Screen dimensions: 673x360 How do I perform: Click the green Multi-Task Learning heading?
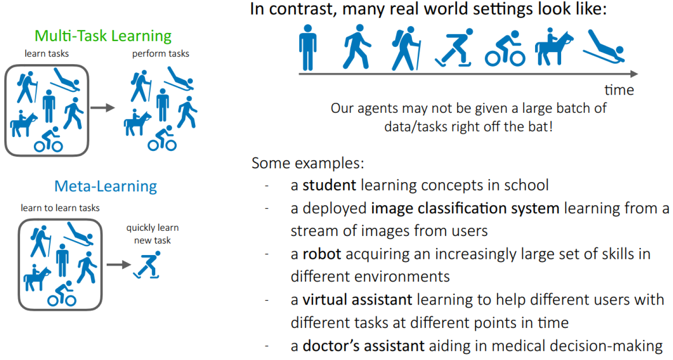pyautogui.click(x=103, y=36)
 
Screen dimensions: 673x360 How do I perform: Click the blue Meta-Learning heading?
pyautogui.click(x=105, y=187)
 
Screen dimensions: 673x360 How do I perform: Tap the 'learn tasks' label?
pyautogui.click(x=46, y=53)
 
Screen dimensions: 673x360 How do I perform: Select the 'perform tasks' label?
pyautogui.click(x=161, y=53)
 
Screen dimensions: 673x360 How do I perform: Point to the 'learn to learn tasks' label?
pyautogui.click(x=60, y=208)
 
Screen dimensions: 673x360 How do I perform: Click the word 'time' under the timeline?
pyautogui.click(x=619, y=90)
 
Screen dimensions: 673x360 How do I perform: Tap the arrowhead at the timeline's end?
pyautogui.click(x=634, y=74)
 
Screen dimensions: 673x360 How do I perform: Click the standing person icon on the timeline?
pyautogui.click(x=308, y=47)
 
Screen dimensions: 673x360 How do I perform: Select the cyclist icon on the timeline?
pyautogui.click(x=505, y=48)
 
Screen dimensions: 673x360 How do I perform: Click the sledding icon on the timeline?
pyautogui.click(x=604, y=46)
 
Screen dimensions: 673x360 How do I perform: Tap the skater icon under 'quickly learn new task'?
pyautogui.click(x=147, y=265)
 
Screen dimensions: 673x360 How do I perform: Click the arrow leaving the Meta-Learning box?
pyautogui.click(x=119, y=265)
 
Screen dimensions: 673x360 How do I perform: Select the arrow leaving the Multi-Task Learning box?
pyautogui.click(x=103, y=108)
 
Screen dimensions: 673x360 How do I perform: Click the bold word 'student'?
pyautogui.click(x=329, y=185)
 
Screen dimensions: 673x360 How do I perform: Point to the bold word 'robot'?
pyautogui.click(x=322, y=254)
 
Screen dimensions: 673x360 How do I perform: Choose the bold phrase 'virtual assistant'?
pyautogui.click(x=357, y=300)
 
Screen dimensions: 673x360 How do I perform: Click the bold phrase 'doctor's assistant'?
pyautogui.click(x=363, y=346)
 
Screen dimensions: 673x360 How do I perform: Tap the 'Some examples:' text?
pyautogui.click(x=307, y=163)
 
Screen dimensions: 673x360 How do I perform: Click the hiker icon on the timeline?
pyautogui.click(x=406, y=48)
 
